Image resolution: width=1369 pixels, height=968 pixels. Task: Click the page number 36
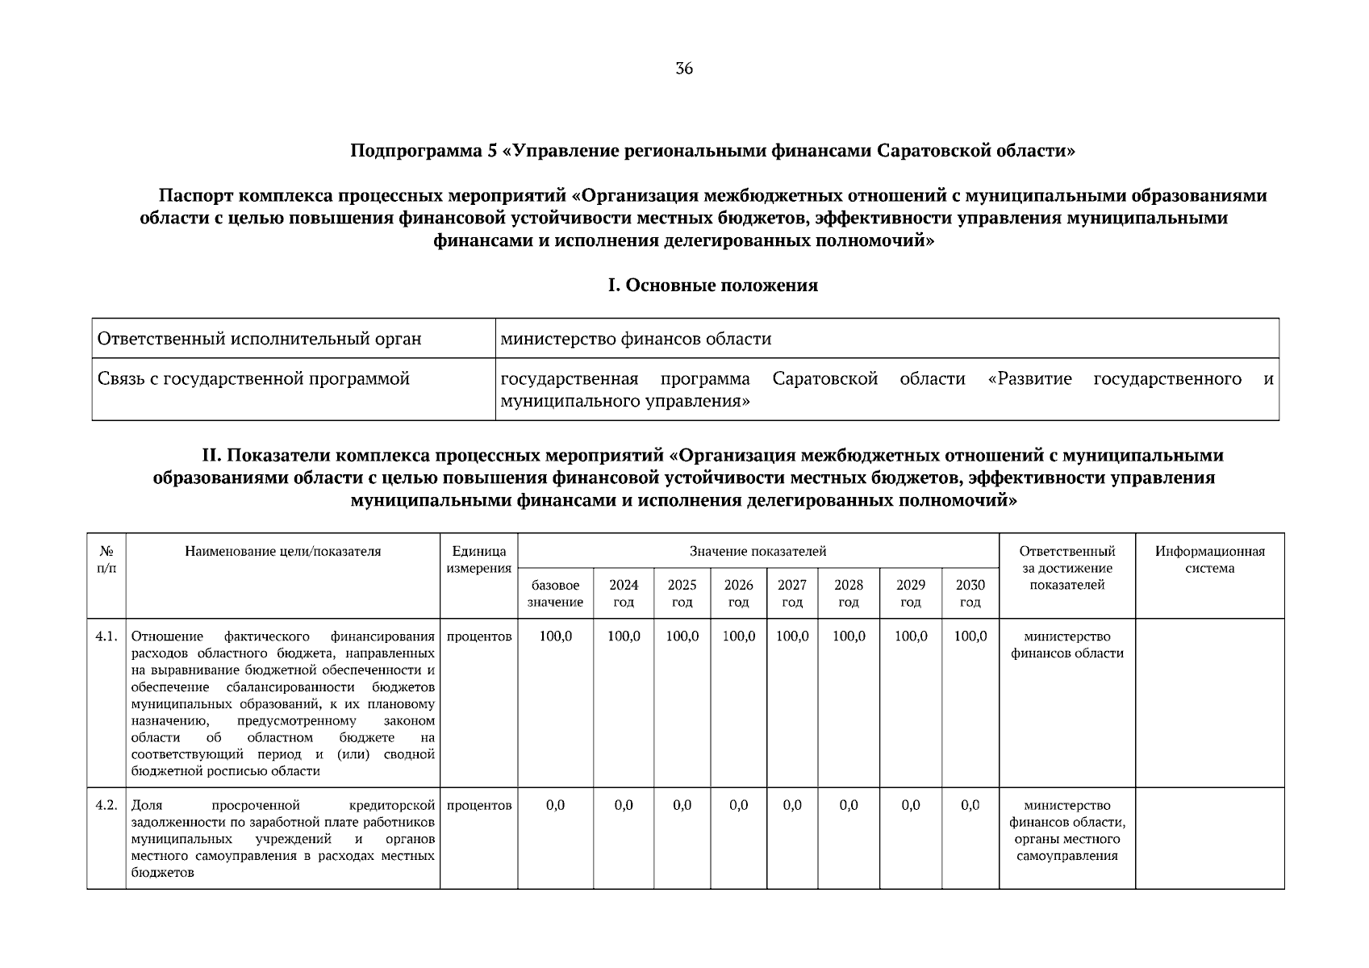tap(683, 69)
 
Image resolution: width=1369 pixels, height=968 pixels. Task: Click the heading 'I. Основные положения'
tap(712, 286)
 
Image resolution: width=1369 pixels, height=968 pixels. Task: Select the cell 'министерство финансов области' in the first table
tap(636, 339)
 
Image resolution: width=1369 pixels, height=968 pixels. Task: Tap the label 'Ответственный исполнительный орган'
tap(259, 339)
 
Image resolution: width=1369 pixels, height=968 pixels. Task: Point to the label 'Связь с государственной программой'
tap(253, 378)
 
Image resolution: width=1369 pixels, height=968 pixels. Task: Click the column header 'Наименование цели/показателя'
tap(282, 552)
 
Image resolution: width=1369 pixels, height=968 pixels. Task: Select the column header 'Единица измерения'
tap(478, 560)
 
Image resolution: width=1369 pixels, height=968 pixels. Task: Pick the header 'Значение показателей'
tap(758, 552)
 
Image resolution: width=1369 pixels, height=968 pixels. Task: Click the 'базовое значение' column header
tap(555, 594)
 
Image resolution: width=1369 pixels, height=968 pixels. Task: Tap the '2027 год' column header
tap(791, 594)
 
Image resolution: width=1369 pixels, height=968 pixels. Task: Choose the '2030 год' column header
tap(970, 594)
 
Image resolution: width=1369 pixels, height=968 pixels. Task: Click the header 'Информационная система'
tap(1209, 560)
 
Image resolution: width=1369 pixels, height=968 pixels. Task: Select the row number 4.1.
tap(106, 636)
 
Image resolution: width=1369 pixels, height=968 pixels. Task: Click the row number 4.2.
tap(106, 805)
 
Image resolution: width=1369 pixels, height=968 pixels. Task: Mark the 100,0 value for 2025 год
tap(682, 636)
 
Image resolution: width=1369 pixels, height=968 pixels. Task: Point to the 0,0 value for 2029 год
tap(910, 805)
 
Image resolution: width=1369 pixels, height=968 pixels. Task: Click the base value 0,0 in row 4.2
tap(555, 805)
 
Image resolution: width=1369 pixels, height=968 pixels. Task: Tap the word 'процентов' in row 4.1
tap(478, 636)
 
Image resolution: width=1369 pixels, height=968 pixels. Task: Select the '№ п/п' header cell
tap(106, 560)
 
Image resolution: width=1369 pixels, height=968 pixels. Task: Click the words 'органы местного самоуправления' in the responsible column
tap(1066, 847)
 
